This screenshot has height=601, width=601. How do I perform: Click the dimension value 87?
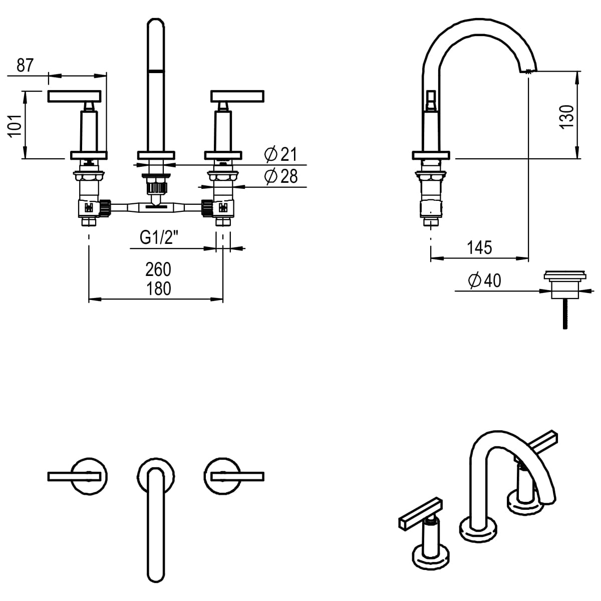point(25,66)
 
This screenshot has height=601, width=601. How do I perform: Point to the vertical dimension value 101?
point(16,125)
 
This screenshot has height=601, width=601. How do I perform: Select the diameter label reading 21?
point(281,155)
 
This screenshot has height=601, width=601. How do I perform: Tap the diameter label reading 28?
point(281,176)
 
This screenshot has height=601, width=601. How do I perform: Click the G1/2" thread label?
point(159,238)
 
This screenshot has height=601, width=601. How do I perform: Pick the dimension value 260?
point(158,269)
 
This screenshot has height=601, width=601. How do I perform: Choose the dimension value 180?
point(158,289)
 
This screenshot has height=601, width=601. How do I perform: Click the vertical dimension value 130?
point(566,117)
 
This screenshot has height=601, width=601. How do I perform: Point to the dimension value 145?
point(479,247)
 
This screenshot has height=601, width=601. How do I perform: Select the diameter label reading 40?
point(484,281)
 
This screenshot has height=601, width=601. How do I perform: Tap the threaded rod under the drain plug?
point(564,314)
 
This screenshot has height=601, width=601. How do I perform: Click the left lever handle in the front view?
point(74,95)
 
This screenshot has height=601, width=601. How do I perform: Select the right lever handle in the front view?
point(237,95)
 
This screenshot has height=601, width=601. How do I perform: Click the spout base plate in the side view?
point(433,155)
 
